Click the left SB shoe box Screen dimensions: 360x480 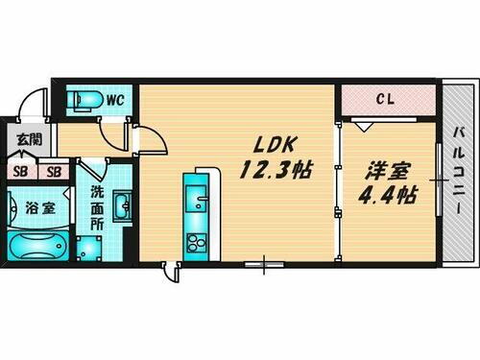pyautogui.click(x=19, y=172)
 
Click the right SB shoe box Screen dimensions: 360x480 pyautogui.click(x=54, y=172)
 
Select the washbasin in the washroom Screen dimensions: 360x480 pyautogui.click(x=121, y=205)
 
